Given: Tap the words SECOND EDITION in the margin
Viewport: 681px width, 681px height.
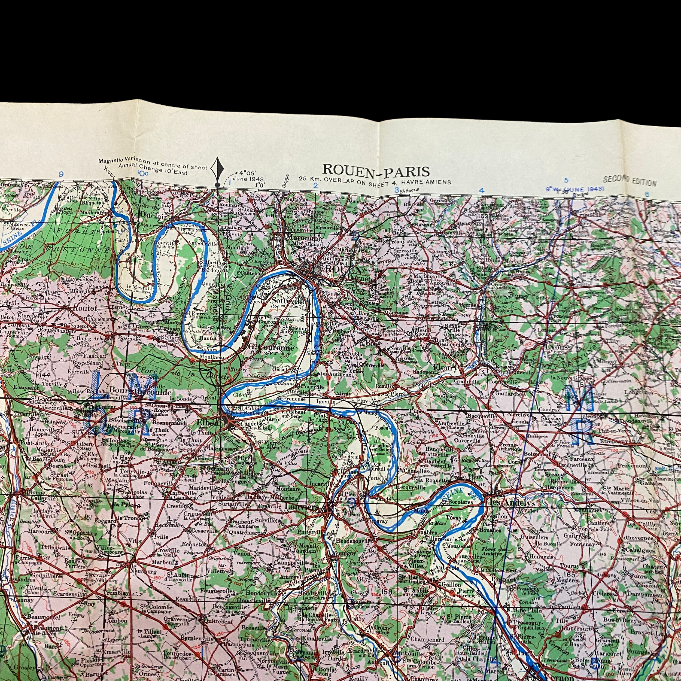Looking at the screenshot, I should click(x=630, y=181).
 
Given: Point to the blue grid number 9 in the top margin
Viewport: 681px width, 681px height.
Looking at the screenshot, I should click(x=61, y=174).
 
